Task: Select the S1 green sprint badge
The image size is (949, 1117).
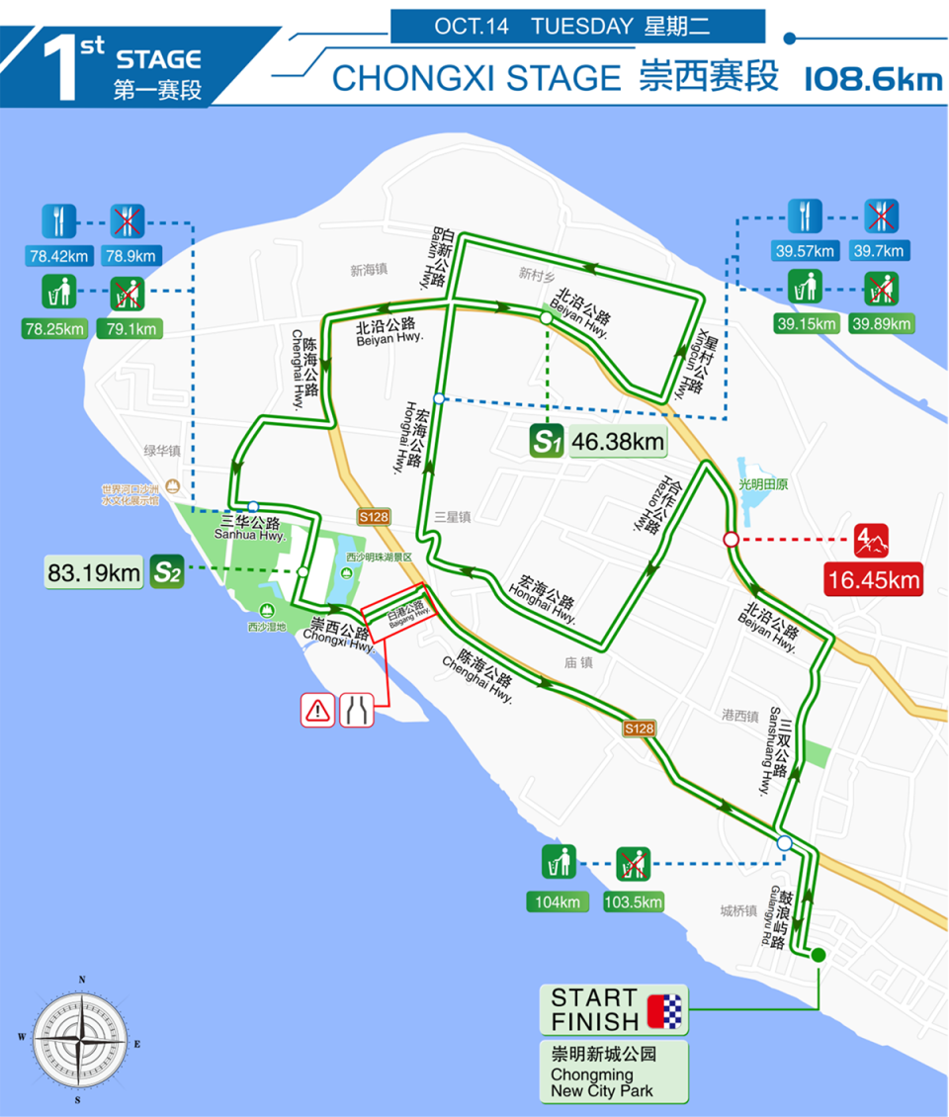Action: point(547,441)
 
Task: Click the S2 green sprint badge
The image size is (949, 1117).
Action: point(166,571)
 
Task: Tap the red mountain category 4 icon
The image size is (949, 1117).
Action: point(873,541)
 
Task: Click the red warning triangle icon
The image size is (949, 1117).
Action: point(318,710)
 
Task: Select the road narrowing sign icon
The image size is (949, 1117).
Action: point(358,710)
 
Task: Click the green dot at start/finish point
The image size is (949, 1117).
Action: point(819,954)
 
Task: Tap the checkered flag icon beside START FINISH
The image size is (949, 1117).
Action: point(665,1009)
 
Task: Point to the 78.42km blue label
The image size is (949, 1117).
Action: point(59,257)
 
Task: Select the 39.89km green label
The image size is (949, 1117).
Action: point(881,323)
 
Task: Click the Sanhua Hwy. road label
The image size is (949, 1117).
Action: point(253,529)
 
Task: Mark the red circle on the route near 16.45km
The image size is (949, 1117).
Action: point(731,540)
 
